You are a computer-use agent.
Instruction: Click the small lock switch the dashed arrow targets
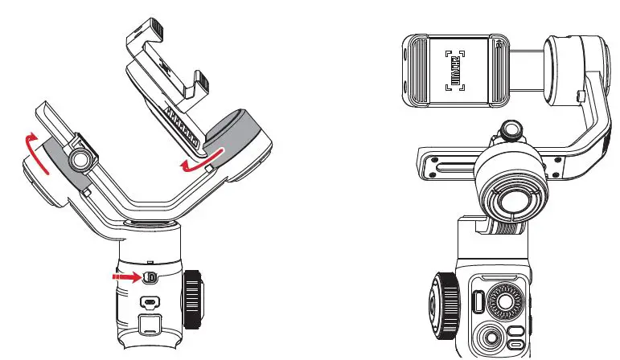pos(150,277)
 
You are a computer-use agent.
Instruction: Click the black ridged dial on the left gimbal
pos(194,299)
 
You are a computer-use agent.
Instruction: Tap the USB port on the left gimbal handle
pos(150,303)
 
